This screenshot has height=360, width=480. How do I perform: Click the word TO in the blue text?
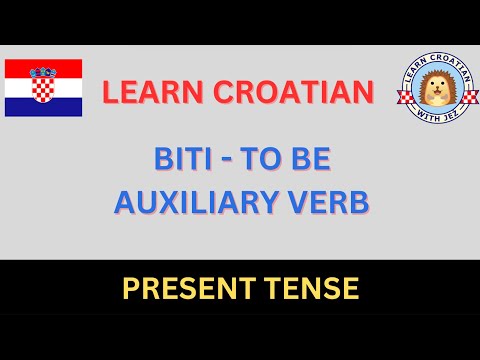(x=261, y=159)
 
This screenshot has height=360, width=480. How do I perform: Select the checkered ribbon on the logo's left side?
(x=404, y=98)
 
